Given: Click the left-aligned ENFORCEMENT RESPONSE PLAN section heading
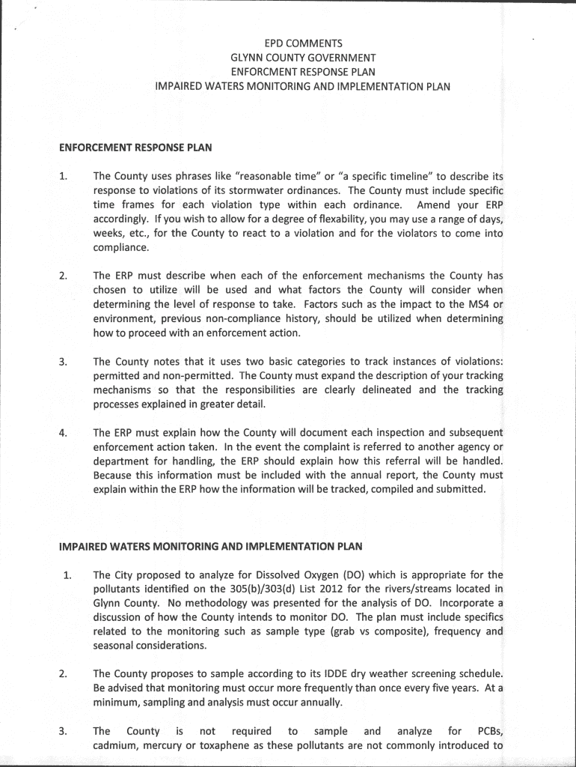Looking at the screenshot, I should [x=135, y=148].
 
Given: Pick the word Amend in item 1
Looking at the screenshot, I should [x=434, y=205].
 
